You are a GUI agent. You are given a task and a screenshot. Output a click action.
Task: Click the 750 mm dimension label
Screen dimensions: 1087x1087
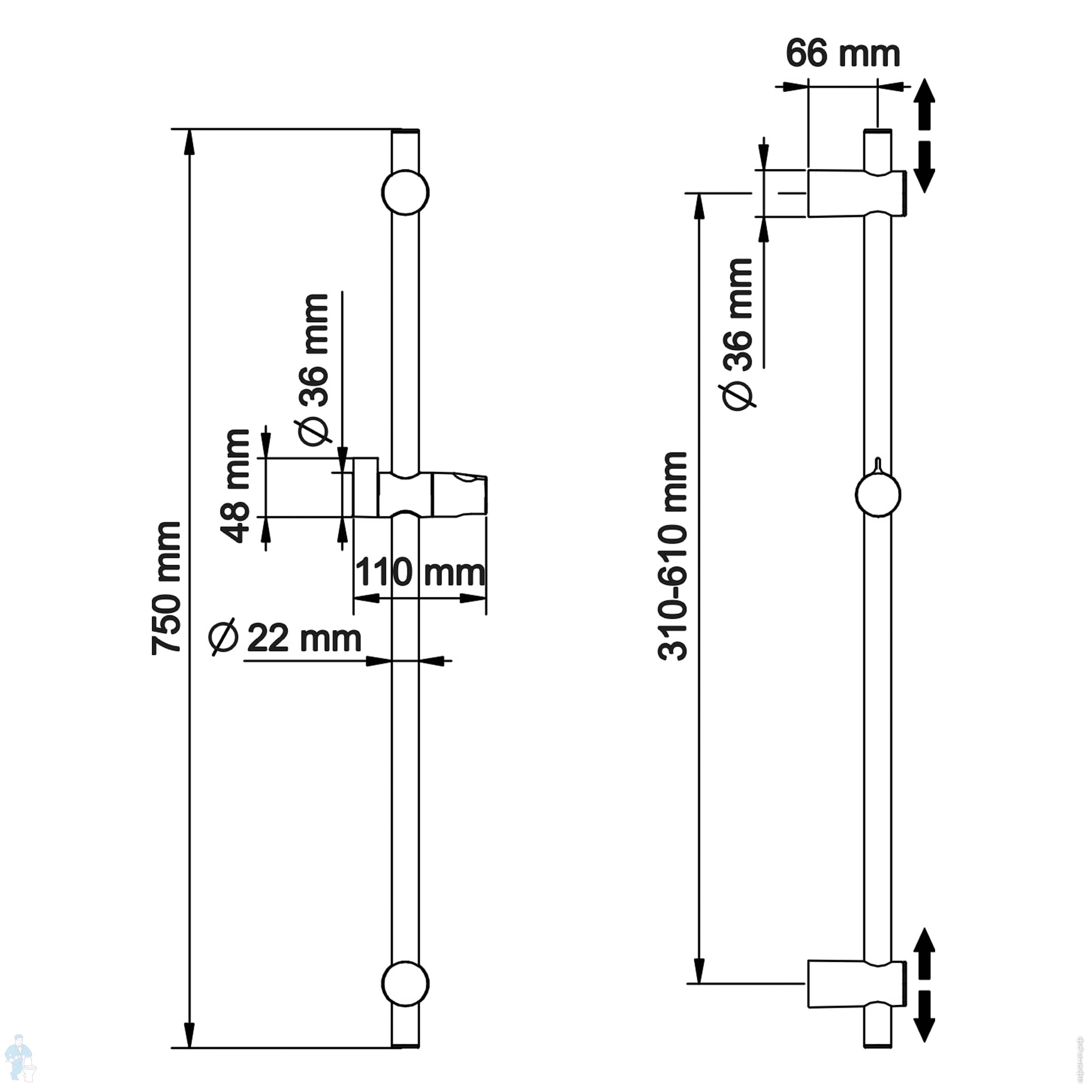(x=167, y=588)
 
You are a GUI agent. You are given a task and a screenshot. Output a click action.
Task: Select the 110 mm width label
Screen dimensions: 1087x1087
(x=420, y=572)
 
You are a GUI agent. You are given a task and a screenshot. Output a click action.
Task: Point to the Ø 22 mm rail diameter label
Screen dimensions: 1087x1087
(x=285, y=637)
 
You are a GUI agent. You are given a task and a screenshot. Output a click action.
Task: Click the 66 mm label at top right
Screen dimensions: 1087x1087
(x=843, y=54)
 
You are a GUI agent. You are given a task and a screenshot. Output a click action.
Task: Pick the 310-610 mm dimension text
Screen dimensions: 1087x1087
(x=672, y=556)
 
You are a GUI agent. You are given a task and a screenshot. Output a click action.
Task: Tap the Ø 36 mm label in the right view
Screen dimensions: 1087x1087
(x=737, y=334)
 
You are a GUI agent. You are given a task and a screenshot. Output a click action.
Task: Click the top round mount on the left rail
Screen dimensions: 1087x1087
(x=405, y=192)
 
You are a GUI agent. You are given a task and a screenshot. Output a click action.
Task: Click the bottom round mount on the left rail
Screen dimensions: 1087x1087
(x=405, y=983)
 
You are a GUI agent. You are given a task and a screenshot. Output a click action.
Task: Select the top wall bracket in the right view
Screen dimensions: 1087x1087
(x=857, y=193)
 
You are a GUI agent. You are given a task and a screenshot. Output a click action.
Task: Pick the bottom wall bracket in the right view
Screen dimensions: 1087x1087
(x=857, y=983)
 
